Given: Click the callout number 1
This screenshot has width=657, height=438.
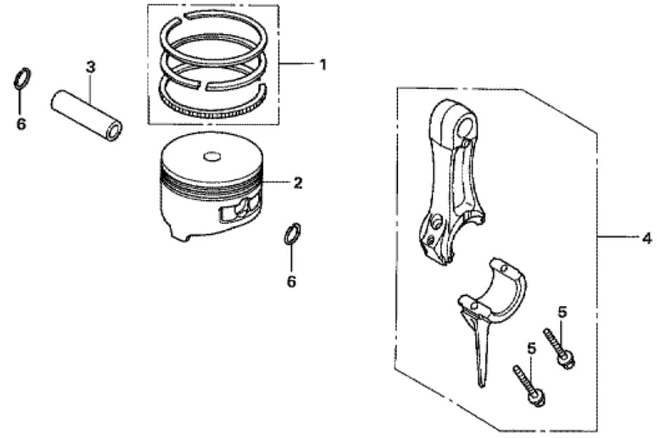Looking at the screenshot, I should coord(323,65).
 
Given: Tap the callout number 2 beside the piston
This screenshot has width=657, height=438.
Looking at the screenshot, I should coord(298,183).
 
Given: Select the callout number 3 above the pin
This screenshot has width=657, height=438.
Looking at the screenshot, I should coord(90,67).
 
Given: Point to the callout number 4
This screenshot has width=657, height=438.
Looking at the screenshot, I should coord(646,239).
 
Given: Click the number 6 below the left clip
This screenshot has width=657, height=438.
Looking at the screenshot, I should coord(21,124).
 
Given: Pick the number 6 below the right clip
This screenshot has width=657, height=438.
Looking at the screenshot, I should coord(291,282).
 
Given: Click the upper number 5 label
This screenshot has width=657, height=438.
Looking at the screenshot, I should coord(562,311).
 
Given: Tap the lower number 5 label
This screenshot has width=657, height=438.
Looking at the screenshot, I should coord(532,347).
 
